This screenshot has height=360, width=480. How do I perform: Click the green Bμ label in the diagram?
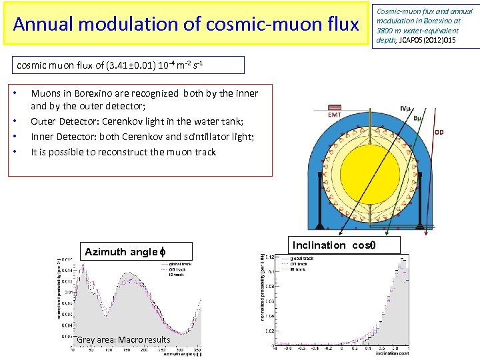click(x=419, y=119)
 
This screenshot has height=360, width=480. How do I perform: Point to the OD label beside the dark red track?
click(x=439, y=132)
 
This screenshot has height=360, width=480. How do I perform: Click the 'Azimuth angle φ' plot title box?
click(x=125, y=251)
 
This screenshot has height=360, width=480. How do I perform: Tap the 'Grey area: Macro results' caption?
click(x=123, y=340)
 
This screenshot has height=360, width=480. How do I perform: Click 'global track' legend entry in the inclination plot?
click(x=302, y=258)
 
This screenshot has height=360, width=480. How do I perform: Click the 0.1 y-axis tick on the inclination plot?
click(x=269, y=271)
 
